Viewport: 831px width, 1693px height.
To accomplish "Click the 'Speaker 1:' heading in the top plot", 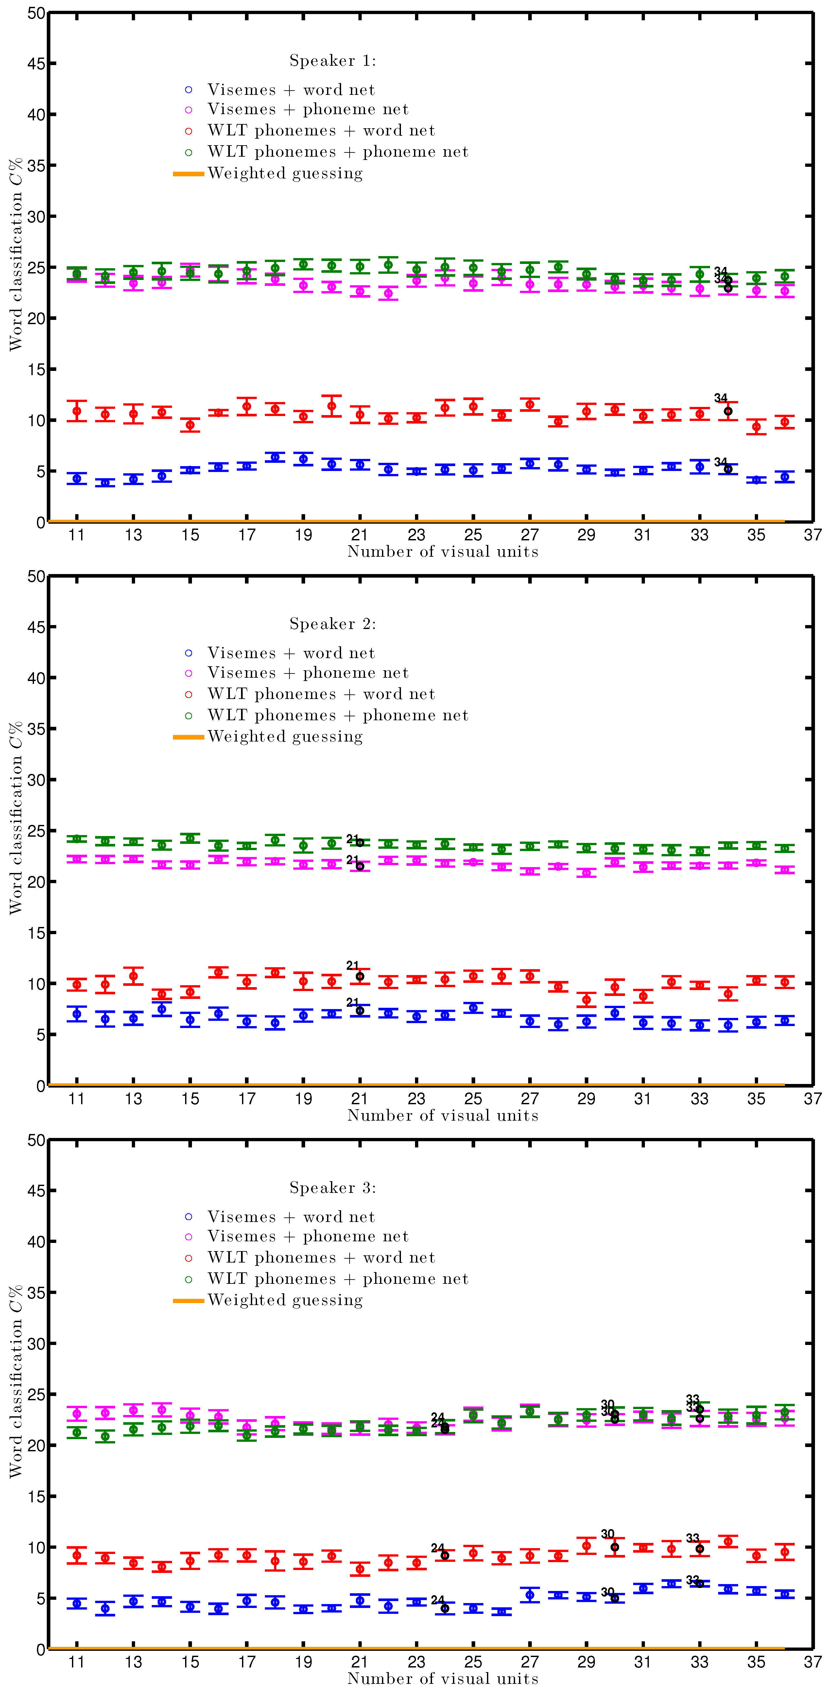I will [x=332, y=61].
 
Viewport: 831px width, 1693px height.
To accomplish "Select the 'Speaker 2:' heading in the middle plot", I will [x=332, y=624].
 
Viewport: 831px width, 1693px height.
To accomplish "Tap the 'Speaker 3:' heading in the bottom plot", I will [x=332, y=1188].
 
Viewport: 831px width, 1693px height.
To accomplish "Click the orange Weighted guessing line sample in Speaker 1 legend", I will [x=188, y=173].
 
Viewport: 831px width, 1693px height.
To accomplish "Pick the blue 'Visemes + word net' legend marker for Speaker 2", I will [x=188, y=653].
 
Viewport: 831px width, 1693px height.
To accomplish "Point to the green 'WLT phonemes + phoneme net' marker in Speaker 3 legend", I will [x=188, y=1279].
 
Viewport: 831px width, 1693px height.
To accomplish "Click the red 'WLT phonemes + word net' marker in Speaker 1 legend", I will [x=188, y=131].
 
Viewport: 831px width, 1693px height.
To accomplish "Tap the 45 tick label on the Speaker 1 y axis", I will [x=36, y=64].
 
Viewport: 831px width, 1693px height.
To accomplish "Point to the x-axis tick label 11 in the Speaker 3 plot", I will [x=77, y=1662].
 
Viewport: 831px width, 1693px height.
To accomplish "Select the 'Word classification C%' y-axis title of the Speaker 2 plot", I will [x=16, y=818].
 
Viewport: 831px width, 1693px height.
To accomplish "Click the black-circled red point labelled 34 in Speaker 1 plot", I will [x=728, y=411].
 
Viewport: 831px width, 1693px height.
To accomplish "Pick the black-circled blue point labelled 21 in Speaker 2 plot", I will [x=360, y=1011].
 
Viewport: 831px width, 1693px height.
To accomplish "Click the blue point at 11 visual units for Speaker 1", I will [x=77, y=479].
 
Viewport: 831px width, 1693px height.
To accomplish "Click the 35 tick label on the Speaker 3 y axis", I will [x=36, y=1293].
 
